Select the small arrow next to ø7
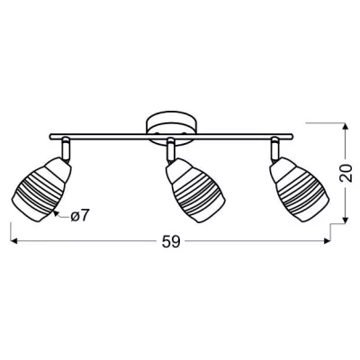(59, 213)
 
